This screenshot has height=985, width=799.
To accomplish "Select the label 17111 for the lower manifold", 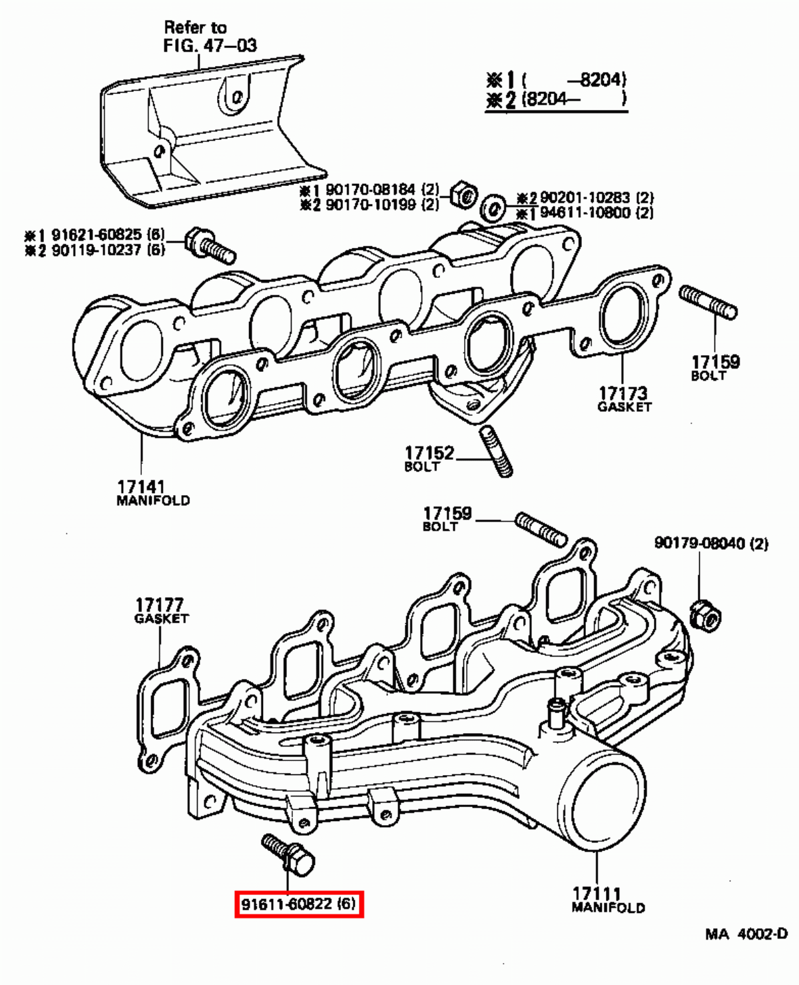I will [x=597, y=893].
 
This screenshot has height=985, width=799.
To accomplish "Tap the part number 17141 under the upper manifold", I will [x=141, y=487].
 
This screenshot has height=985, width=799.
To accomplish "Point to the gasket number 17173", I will [x=623, y=393].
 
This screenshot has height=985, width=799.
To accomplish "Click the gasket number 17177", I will [x=159, y=604].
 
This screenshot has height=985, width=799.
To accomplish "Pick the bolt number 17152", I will [x=429, y=453].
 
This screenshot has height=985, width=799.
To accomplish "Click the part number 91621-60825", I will [x=97, y=235].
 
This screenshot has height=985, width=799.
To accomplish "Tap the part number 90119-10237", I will [x=97, y=250].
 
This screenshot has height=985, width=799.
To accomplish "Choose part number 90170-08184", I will [x=370, y=190].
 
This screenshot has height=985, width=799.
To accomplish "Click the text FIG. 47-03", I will [x=210, y=45].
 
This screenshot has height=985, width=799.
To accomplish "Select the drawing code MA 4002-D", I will [x=746, y=934].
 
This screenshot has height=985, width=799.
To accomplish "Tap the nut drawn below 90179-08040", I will [x=704, y=616].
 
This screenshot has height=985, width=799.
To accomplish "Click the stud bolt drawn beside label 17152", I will [x=496, y=452].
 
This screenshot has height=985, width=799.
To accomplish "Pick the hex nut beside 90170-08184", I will [x=463, y=194].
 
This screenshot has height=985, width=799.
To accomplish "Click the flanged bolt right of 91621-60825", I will [x=209, y=245].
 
